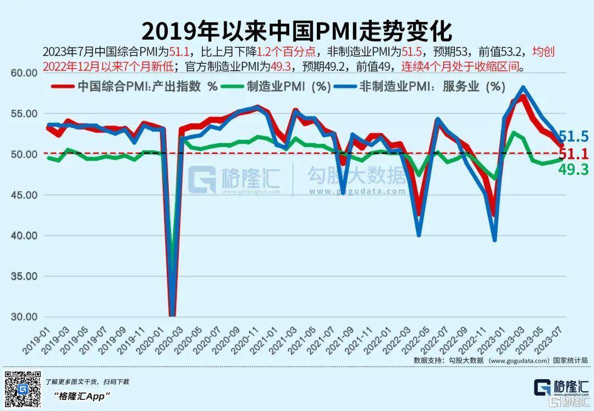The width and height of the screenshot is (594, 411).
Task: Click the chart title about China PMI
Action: [x=296, y=31]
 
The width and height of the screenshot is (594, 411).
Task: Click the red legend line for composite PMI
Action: [x=62, y=87]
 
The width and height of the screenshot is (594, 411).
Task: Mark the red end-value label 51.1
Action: [x=574, y=153]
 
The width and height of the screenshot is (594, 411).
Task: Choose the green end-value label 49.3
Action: [x=574, y=170]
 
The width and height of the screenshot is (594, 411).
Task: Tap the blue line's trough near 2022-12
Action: [x=495, y=240]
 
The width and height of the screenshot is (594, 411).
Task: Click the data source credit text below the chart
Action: [x=501, y=360]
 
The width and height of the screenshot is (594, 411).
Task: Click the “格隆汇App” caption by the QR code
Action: [x=82, y=396]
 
